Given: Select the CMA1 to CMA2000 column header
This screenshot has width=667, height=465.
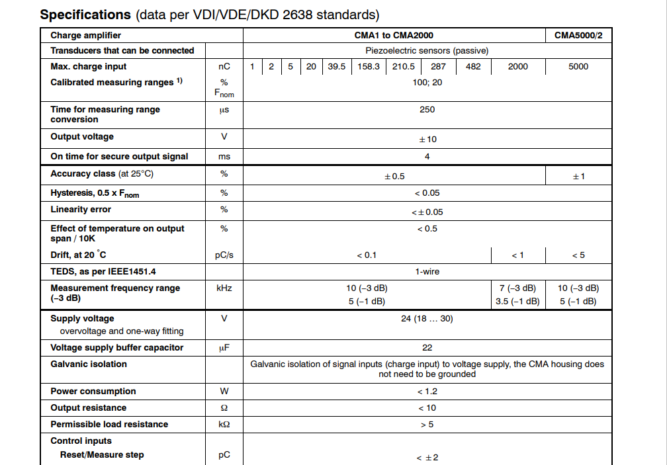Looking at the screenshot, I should pyautogui.click(x=394, y=35).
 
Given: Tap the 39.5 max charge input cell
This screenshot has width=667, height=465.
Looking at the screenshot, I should pyautogui.click(x=337, y=66).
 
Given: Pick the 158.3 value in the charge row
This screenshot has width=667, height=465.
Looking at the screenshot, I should pyautogui.click(x=369, y=66).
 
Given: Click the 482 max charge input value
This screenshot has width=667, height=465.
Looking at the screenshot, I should pyautogui.click(x=473, y=66).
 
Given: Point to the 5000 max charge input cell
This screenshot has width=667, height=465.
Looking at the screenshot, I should pyautogui.click(x=578, y=66).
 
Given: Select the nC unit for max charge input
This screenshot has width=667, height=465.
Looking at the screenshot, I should pyautogui.click(x=224, y=66).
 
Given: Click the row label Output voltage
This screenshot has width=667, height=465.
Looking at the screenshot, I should pyautogui.click(x=82, y=136).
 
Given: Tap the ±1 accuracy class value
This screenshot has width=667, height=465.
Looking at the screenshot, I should pyautogui.click(x=578, y=176).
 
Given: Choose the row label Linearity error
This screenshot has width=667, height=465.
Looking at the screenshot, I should pyautogui.click(x=81, y=209).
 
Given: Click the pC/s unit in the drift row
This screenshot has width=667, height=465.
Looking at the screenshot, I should pyautogui.click(x=224, y=255).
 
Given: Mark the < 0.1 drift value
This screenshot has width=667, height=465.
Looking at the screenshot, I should pyautogui.click(x=367, y=255).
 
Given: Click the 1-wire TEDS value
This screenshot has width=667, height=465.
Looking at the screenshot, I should pyautogui.click(x=427, y=271).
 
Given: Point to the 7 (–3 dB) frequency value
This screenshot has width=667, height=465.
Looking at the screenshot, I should pyautogui.click(x=517, y=288).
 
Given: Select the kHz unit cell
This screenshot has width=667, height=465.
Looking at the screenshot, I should pyautogui.click(x=224, y=288).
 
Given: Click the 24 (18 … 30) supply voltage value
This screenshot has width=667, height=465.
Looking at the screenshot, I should pyautogui.click(x=427, y=318).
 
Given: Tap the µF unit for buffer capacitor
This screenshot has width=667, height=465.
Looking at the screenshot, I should pyautogui.click(x=224, y=347).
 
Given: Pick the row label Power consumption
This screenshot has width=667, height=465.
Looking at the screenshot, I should pyautogui.click(x=93, y=391).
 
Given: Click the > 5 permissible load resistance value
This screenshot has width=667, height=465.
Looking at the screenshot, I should pyautogui.click(x=427, y=424).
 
